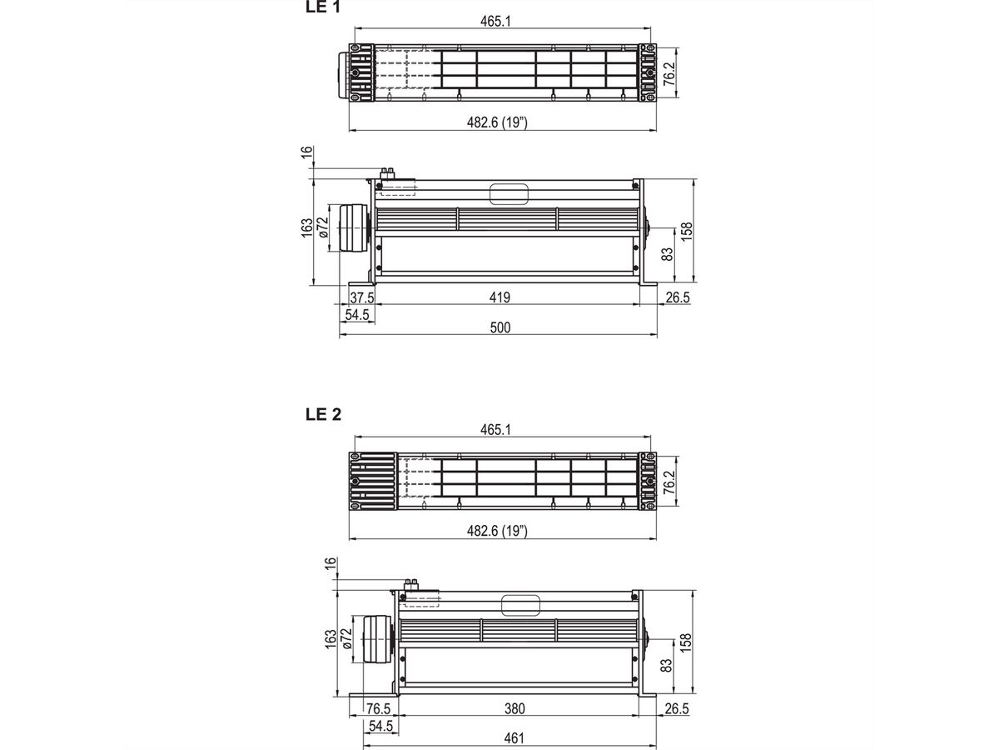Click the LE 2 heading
pyautogui.click(x=325, y=414)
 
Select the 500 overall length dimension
pyautogui.click(x=499, y=328)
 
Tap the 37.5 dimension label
pyautogui.click(x=361, y=297)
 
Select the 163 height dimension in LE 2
pyautogui.click(x=331, y=639)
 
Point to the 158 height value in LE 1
pyautogui.click(x=686, y=231)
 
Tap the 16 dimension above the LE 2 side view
pyautogui.click(x=331, y=565)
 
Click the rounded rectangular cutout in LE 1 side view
pyautogui.click(x=509, y=194)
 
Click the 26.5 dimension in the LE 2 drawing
pyautogui.click(x=678, y=708)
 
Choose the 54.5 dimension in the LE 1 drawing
pyautogui.click(x=358, y=314)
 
